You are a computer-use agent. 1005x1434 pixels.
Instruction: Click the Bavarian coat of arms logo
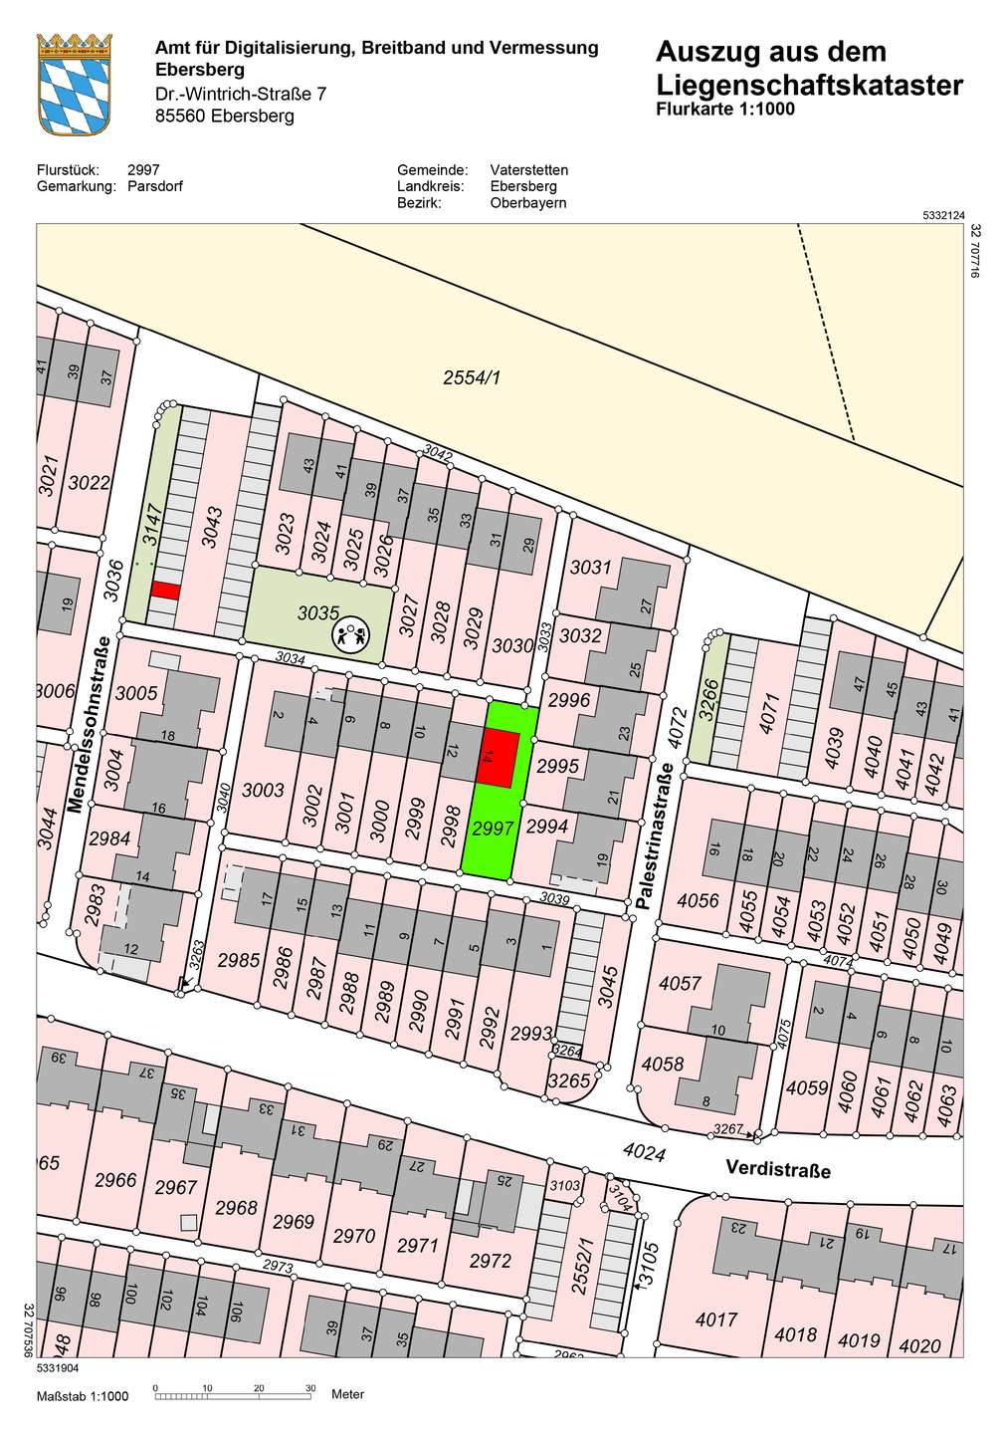(x=74, y=83)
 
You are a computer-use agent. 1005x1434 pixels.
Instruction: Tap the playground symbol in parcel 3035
(x=350, y=633)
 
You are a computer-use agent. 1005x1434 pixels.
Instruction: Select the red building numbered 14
(x=501, y=758)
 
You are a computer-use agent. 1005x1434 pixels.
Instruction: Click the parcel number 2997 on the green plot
(x=493, y=829)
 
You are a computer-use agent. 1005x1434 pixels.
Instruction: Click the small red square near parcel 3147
(x=164, y=591)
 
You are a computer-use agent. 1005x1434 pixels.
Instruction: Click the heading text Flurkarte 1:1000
(x=725, y=110)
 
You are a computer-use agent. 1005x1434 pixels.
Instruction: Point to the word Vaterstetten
(x=528, y=170)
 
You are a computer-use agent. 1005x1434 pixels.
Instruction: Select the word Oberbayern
(x=527, y=202)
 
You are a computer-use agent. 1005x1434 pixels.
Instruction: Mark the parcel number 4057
(x=681, y=983)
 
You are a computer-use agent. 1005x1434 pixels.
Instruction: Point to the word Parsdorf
(x=155, y=186)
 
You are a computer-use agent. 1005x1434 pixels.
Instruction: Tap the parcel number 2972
(x=490, y=1261)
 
